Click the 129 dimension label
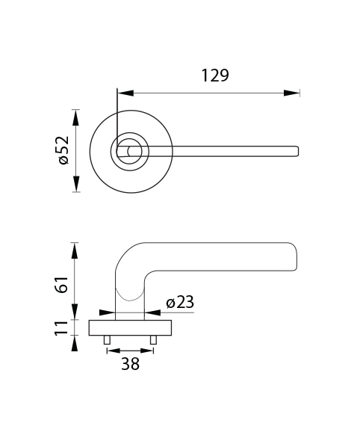point(215,75)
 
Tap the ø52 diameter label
point(63,150)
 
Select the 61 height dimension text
point(62,285)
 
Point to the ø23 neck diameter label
point(180,302)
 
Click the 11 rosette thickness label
point(61,328)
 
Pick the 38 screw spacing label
point(131,364)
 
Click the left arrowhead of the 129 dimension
point(125,93)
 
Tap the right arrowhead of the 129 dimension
point(291,93)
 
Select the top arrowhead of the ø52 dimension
point(75,117)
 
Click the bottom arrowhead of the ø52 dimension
point(75,184)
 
